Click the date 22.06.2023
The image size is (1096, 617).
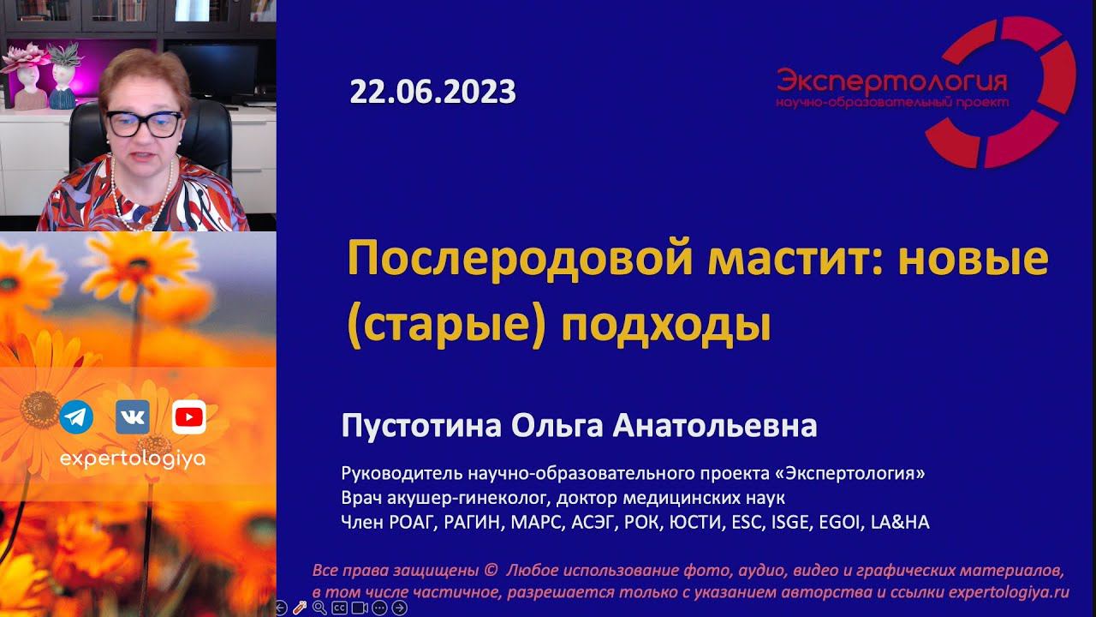[x=432, y=92]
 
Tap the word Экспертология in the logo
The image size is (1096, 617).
[x=891, y=81]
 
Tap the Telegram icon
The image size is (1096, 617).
[x=77, y=417]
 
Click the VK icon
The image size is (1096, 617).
[x=133, y=417]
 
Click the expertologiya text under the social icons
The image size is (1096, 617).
[x=133, y=459]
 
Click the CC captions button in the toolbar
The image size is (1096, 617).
[x=339, y=608]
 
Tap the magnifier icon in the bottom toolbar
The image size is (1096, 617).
[x=319, y=608]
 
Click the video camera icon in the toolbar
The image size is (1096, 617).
[x=360, y=608]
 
